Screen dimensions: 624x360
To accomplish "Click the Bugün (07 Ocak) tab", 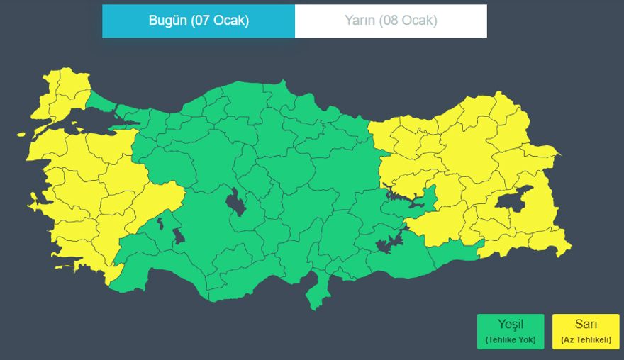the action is (x=199, y=21).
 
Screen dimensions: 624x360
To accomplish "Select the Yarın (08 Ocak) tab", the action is (x=391, y=21).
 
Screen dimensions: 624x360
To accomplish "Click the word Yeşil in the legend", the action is (x=510, y=325).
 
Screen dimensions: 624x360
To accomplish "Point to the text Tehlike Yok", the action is (x=510, y=340).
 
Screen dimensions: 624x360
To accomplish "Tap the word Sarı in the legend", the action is (x=586, y=325).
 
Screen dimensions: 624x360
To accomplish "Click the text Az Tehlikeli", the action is (x=586, y=340).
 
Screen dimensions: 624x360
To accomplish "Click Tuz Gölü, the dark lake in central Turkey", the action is (x=235, y=203).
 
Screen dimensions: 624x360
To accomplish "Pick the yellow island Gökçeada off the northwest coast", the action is (x=21, y=134).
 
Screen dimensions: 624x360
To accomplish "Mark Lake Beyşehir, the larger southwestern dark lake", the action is (x=178, y=235).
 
